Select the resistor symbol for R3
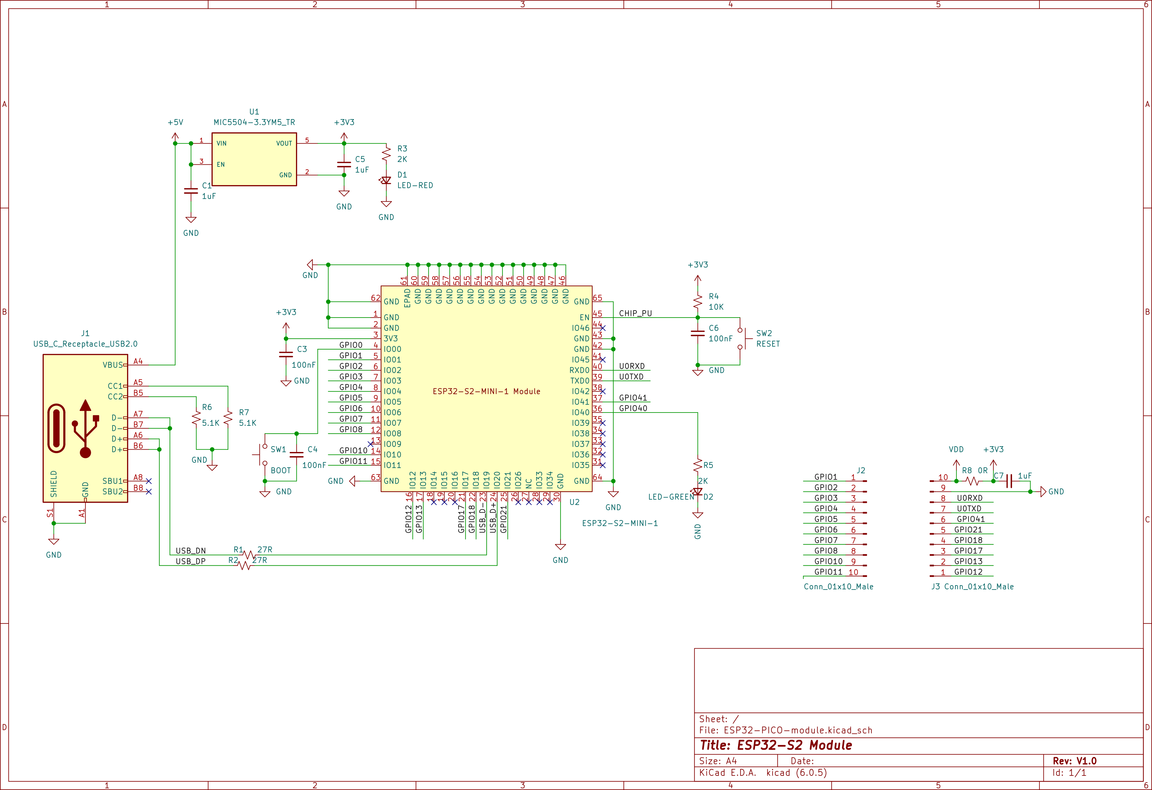[386, 154]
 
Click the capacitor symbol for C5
[344, 164]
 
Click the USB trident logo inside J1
[85, 429]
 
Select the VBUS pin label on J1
[113, 365]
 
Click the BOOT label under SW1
[281, 470]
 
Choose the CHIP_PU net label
[636, 313]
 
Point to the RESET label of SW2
[768, 344]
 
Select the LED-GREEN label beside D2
[671, 497]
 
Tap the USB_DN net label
[191, 551]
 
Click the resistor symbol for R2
[245, 565]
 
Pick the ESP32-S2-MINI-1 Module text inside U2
[486, 391]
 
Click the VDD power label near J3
[956, 450]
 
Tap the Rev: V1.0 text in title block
[1075, 761]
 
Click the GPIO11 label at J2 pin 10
[828, 572]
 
